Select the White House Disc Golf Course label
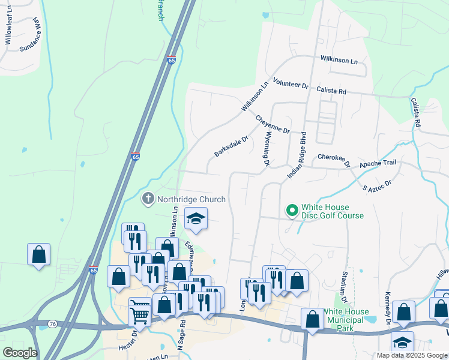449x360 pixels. coord(332,211)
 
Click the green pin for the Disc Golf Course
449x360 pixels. coord(292,210)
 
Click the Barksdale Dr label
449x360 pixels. coord(231,146)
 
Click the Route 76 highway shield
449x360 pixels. coord(52,324)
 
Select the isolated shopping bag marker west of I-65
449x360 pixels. coord(38,254)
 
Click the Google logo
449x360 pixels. coord(19,353)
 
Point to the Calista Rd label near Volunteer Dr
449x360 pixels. coord(331,91)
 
